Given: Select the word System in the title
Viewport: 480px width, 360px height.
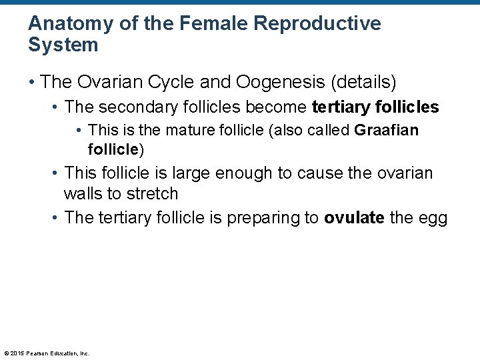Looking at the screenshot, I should (63, 45).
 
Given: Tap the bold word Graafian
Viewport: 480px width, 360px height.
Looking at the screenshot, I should (387, 129).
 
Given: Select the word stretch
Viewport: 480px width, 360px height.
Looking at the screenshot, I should (154, 194).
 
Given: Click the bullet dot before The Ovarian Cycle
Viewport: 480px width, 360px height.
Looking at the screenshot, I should (32, 83).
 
